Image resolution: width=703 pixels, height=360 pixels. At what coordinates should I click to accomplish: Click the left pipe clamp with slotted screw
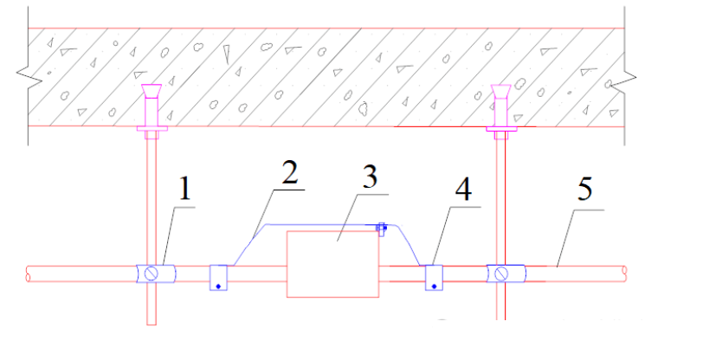pyautogui.click(x=153, y=274)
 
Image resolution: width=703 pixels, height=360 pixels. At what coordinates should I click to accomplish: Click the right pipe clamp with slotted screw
pyautogui.click(x=501, y=274)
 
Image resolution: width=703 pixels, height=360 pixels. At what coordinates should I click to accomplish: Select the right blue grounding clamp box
pyautogui.click(x=435, y=278)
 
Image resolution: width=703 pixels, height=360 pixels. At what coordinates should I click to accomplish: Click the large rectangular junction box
pyautogui.click(x=334, y=264)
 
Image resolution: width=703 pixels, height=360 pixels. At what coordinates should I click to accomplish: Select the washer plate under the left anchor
pyautogui.click(x=153, y=132)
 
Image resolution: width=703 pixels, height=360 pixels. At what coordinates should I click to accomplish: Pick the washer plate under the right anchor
pyautogui.click(x=500, y=132)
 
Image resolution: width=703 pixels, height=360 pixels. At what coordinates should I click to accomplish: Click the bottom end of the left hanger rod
pyautogui.click(x=152, y=322)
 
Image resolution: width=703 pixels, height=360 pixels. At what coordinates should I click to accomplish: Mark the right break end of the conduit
pyautogui.click(x=625, y=273)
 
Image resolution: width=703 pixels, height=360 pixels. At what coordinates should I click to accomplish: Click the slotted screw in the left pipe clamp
pyautogui.click(x=153, y=274)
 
